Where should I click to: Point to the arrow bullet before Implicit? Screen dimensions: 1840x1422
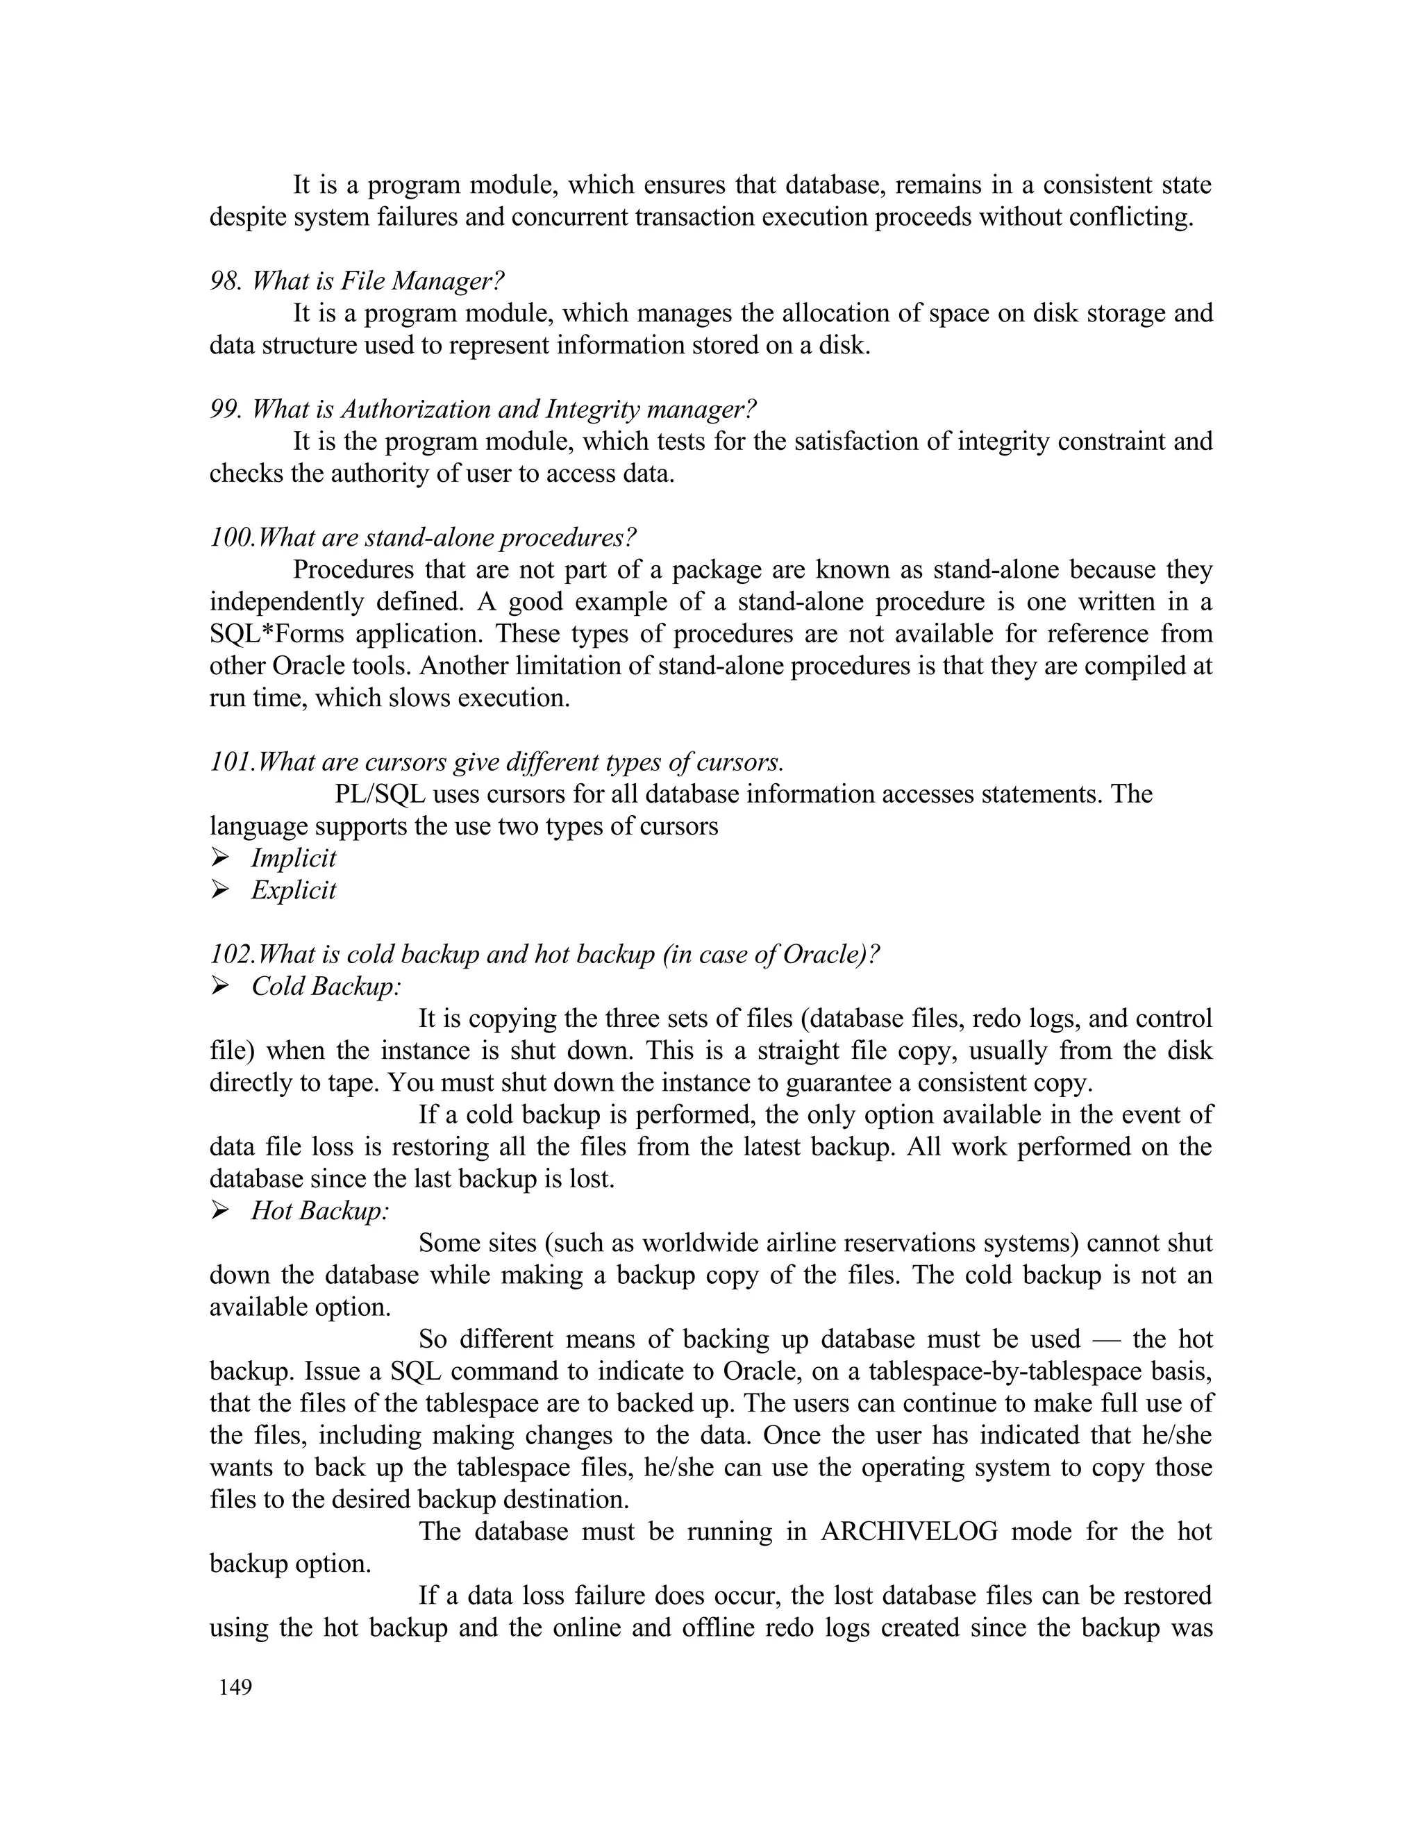[x=221, y=858]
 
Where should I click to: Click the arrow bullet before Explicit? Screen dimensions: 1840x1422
[x=221, y=889]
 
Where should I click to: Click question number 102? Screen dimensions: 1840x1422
[x=232, y=954]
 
